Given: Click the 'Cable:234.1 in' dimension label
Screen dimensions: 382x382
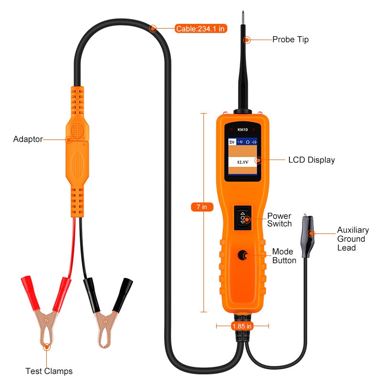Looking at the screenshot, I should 200,29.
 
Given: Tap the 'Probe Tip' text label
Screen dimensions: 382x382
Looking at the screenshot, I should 290,40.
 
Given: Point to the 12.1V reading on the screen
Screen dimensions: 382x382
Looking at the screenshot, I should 241,163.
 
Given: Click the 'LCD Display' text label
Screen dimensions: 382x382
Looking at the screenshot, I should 311,160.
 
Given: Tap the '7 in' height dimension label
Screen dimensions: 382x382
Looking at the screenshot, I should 202,207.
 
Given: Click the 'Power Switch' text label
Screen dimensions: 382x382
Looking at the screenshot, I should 279,220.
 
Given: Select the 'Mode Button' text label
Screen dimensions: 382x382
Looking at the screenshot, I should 284,256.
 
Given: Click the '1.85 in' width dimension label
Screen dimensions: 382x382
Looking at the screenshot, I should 242,326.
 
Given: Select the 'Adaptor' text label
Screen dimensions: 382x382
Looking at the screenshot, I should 28,139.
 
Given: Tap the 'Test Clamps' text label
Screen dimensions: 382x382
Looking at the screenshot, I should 49,371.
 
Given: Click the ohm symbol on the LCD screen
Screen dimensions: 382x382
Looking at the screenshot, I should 247,142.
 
